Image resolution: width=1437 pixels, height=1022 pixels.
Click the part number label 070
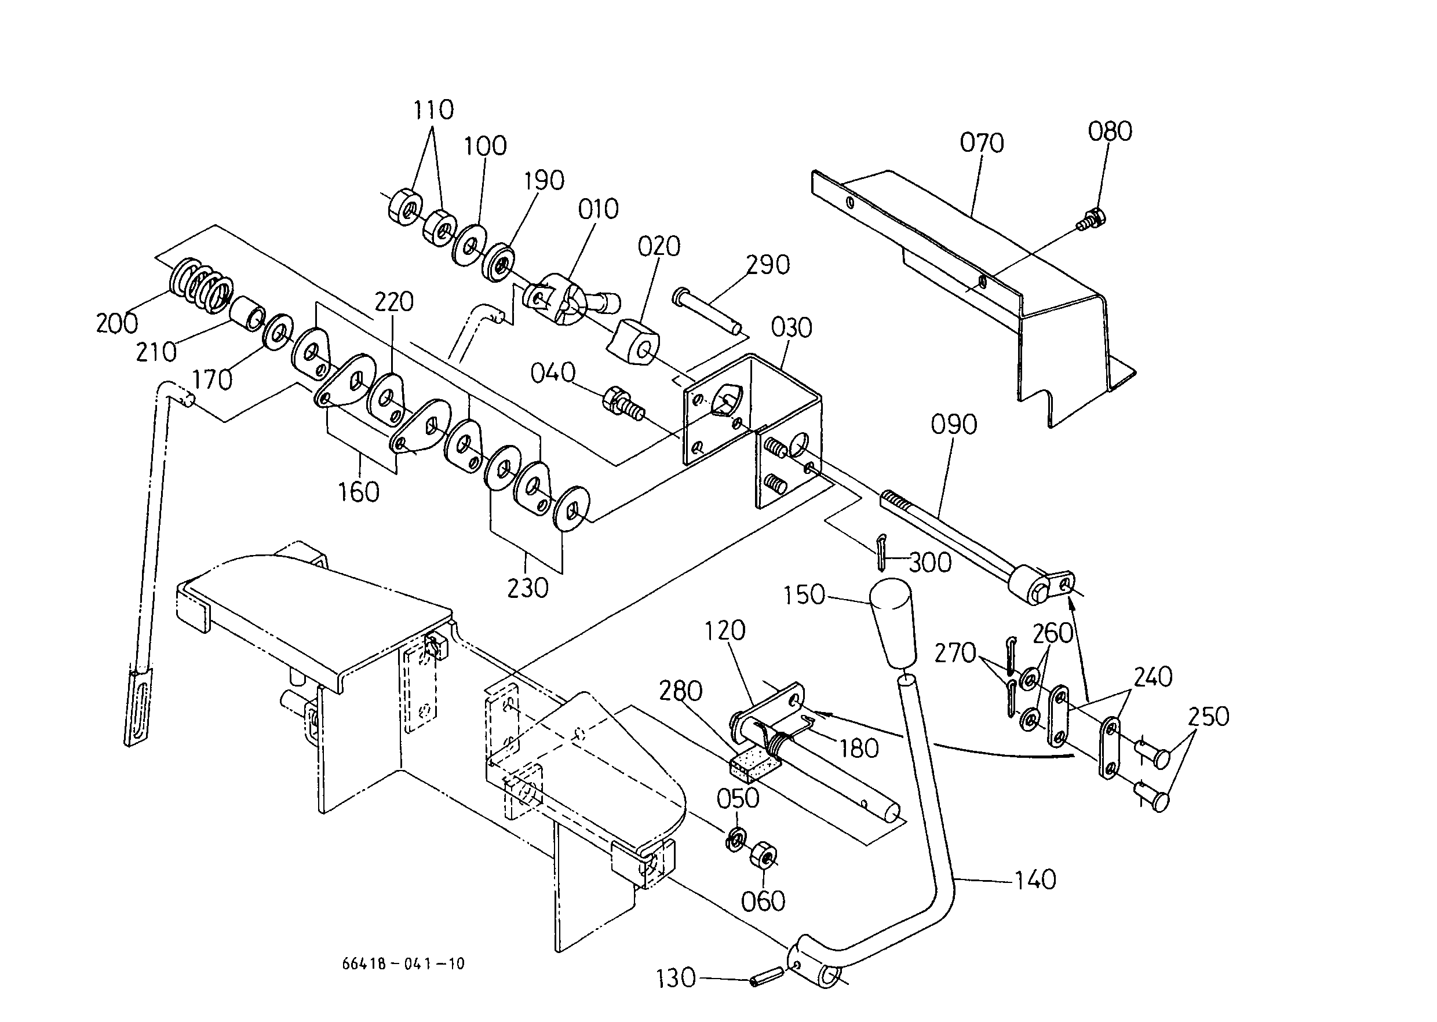(982, 144)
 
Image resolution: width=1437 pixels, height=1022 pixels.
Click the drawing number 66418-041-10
(403, 963)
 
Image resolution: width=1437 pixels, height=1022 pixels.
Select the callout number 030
(791, 328)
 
